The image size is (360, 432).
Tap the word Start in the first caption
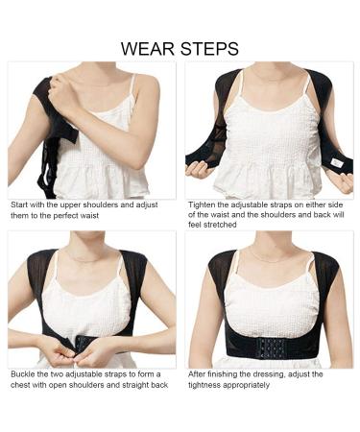point(20,205)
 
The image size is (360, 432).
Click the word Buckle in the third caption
point(23,374)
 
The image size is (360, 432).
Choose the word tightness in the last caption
point(206,385)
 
